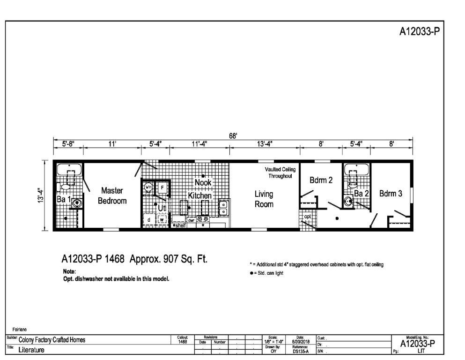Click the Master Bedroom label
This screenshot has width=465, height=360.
pos(112,195)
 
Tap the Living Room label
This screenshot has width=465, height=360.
pos(264,199)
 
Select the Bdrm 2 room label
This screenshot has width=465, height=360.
pos(321,180)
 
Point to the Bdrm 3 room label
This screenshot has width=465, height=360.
pos(391,193)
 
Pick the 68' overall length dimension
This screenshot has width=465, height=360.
pos(233,135)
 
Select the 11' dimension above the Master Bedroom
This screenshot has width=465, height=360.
pos(112,144)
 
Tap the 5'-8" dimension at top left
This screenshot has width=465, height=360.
pos(68,144)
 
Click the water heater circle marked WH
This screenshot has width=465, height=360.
pos(148,187)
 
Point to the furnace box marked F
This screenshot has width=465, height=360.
pos(162,187)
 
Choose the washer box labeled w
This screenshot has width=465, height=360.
pos(162,219)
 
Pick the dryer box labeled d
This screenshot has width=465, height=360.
pos(148,219)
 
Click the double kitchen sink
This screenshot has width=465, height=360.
pos(224,208)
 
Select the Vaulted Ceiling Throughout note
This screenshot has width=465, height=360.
pos(280,172)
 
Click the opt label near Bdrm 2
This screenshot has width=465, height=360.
pos(308,217)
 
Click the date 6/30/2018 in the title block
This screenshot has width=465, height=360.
pos(300,342)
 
